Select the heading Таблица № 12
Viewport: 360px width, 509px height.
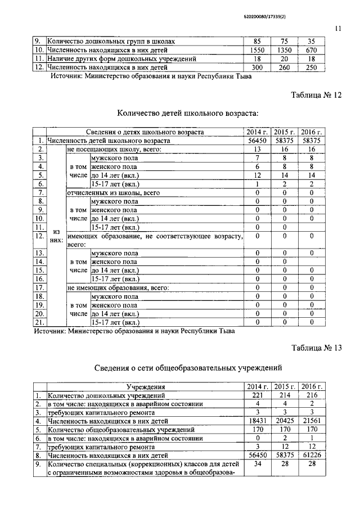coord(316,95)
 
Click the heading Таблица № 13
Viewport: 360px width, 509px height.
coord(316,348)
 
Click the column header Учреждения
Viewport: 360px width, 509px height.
coord(145,387)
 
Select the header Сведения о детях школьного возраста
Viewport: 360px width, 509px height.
coord(145,132)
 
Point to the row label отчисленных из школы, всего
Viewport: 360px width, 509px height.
coord(114,192)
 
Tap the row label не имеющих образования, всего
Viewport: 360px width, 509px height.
coord(118,287)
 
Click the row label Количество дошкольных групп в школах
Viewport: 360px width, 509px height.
coord(115,42)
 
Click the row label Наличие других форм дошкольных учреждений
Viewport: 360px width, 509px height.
coord(121,58)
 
